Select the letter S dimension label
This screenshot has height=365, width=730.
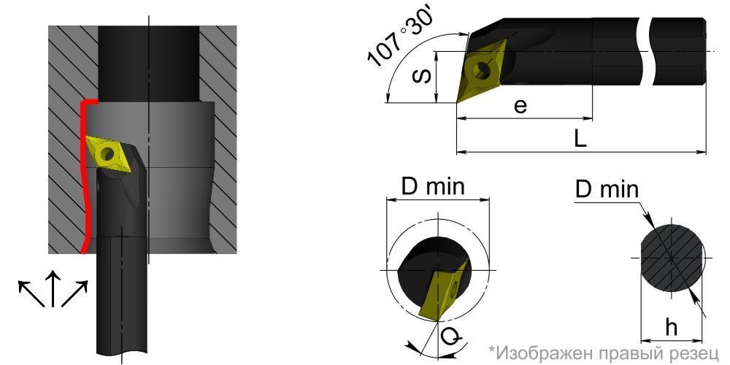(422, 75)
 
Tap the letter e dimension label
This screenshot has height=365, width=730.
(520, 106)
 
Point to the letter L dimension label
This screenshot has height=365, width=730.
(580, 139)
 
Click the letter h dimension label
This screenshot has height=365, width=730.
(670, 328)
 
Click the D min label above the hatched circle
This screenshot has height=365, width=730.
(607, 190)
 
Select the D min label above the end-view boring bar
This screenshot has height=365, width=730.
(433, 187)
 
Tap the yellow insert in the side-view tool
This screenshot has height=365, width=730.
(482, 71)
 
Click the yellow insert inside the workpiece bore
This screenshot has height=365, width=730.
(109, 153)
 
